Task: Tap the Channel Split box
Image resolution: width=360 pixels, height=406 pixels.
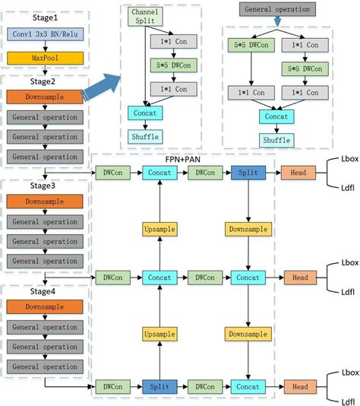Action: [x=145, y=17]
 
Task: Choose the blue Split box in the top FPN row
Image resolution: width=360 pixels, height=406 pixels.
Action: [x=247, y=173]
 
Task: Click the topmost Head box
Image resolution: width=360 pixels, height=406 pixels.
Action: [x=298, y=173]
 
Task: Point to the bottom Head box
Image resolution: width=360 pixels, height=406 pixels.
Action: [x=298, y=386]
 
